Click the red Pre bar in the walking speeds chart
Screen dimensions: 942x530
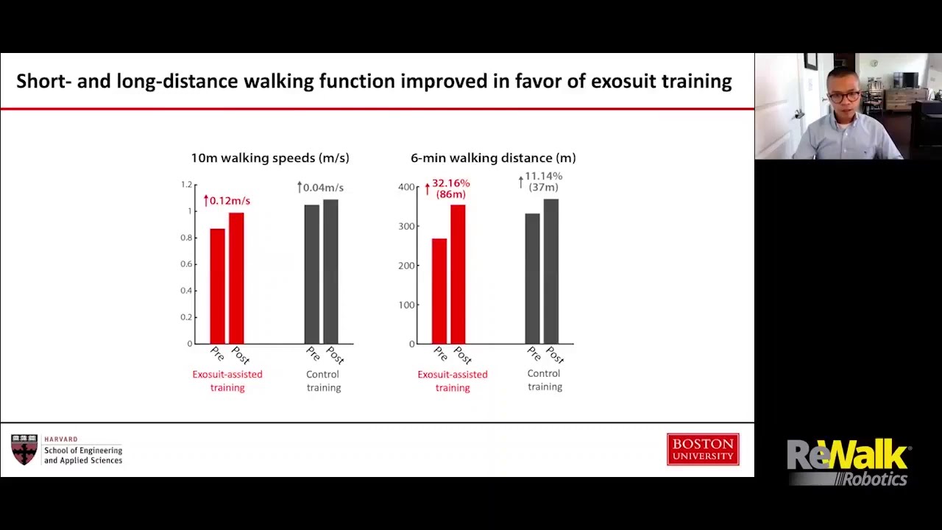[x=217, y=286]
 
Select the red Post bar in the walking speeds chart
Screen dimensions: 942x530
[x=236, y=278]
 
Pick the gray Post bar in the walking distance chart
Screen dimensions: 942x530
[x=551, y=272]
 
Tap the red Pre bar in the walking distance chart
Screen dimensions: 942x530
[x=439, y=291]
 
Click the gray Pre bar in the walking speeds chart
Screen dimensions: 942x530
[x=311, y=275]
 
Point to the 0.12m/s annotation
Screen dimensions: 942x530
[x=227, y=201]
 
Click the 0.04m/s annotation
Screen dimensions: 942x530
[x=320, y=188]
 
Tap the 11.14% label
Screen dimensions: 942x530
[x=543, y=176]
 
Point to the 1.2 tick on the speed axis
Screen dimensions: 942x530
[x=186, y=184]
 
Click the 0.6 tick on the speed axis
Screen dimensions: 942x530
[x=186, y=264]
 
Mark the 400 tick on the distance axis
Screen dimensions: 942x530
[x=406, y=187]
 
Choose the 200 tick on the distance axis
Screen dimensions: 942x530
[x=406, y=266]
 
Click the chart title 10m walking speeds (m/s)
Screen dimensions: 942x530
[x=270, y=158]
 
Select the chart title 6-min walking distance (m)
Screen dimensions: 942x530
[x=493, y=158]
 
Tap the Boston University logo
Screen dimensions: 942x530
[x=703, y=449]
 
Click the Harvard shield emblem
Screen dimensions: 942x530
[x=24, y=449]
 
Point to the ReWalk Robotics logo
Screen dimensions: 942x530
[x=847, y=462]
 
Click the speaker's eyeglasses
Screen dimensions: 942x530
[x=844, y=97]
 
